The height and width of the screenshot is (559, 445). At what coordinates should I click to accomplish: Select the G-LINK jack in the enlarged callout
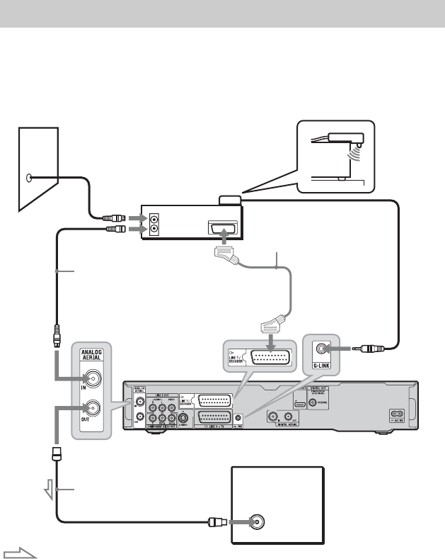pos(324,349)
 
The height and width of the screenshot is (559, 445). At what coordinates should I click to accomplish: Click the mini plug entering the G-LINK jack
pos(368,349)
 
